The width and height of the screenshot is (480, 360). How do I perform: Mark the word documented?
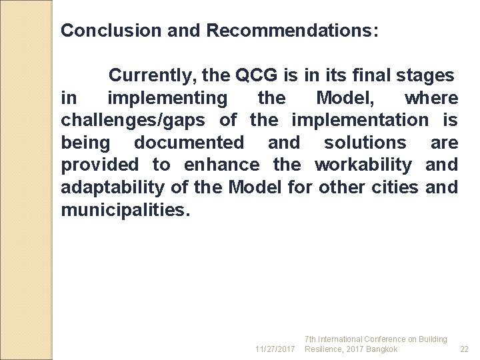[189, 143]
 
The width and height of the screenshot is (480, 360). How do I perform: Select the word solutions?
[365, 143]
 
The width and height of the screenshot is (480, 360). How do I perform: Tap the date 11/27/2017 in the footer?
[275, 349]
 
